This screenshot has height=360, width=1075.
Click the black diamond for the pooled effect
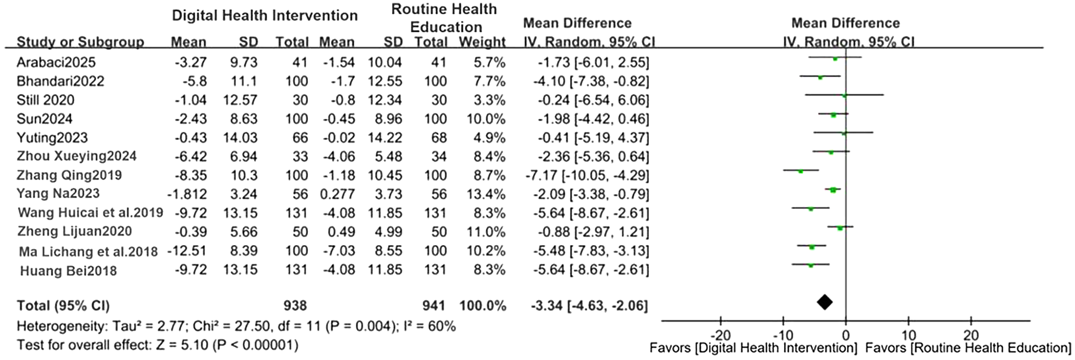pos(824,302)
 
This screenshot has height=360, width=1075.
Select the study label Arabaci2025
pos(56,62)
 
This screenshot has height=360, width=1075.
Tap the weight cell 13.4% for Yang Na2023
pos(489,194)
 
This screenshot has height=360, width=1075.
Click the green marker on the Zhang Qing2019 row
pos(801,170)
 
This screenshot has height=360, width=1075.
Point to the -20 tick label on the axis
pos(720,335)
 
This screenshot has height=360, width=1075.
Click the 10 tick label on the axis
pos(908,335)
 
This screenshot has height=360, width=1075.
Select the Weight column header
pos(482,42)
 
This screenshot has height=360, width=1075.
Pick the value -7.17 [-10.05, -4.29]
pos(591,175)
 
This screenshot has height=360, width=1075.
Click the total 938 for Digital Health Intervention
pos(295,306)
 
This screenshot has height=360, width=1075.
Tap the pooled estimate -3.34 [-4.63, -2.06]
pos(589,306)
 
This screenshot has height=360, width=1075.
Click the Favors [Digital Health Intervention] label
pos(753,348)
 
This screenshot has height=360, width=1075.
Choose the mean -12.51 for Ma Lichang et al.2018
pos(187,251)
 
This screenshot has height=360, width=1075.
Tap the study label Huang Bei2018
pos(68,271)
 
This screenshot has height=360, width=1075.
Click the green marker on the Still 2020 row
pos(844,96)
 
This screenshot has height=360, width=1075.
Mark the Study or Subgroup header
pos(80,42)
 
